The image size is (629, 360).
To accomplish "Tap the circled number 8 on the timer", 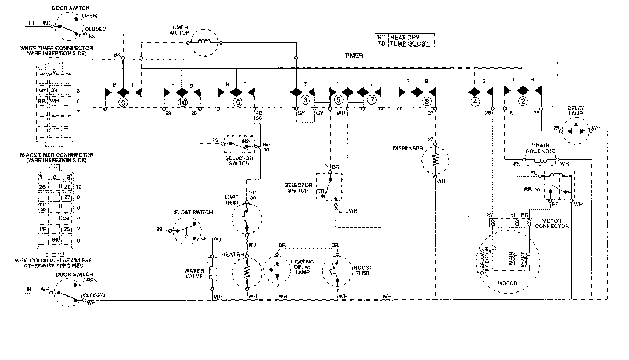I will click(426, 102).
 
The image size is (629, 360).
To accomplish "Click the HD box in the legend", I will click(382, 37).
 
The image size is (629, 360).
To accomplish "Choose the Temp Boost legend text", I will click(410, 43).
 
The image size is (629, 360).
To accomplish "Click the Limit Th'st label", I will click(230, 199).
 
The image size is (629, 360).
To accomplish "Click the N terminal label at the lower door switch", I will click(29, 290).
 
